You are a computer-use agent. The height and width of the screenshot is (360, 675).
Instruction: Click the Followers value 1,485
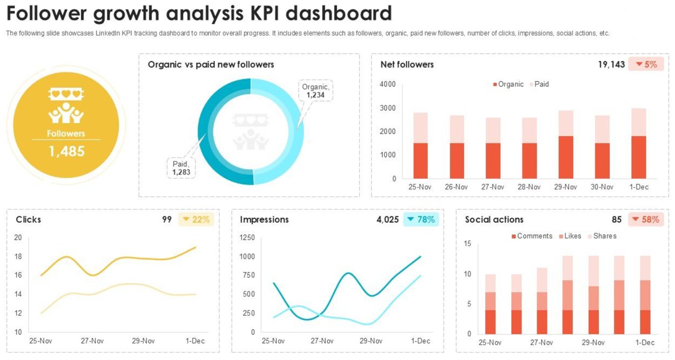66,152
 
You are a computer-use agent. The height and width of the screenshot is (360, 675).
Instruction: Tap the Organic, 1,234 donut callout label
315,91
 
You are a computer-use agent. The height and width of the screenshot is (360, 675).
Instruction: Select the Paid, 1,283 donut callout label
181,168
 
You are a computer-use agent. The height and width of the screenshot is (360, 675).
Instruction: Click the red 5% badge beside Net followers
646,64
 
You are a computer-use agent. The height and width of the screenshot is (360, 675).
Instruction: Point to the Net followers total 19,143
611,64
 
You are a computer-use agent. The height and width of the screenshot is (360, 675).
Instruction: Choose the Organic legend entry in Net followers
508,84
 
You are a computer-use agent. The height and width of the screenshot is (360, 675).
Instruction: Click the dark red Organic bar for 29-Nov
565,157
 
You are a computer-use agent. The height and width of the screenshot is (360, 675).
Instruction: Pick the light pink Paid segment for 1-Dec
638,122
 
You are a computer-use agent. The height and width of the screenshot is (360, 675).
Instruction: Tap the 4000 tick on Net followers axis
387,84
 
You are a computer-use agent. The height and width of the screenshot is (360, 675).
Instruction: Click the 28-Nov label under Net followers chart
529,187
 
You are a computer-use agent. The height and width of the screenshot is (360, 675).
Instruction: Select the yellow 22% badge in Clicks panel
196,219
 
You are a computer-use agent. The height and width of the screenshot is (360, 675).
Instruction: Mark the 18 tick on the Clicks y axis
18,257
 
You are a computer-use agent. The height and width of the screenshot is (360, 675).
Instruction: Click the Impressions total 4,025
387,219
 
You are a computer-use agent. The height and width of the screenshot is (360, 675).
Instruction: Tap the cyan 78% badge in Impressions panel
421,219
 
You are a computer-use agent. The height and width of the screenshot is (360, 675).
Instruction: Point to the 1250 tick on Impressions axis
247,237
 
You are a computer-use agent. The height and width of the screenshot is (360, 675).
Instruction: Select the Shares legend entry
602,236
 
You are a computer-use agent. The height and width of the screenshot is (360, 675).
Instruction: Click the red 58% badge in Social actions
646,219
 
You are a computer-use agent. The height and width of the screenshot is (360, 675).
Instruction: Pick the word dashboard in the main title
338,13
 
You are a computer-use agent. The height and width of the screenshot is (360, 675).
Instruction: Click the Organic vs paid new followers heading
211,65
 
